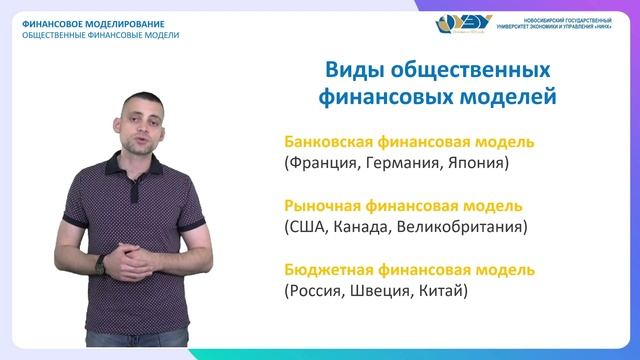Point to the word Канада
[368, 227]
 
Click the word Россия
[317, 292]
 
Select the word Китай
[445, 292]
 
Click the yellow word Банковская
[332, 140]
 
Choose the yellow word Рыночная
[323, 205]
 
